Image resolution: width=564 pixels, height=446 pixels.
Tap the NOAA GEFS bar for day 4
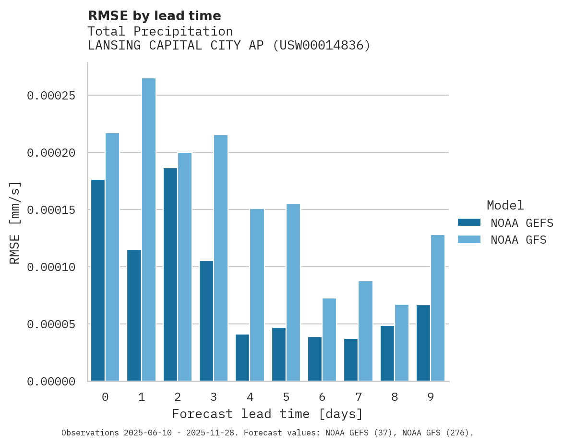pyautogui.click(x=242, y=358)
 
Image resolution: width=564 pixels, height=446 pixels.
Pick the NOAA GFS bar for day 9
pyautogui.click(x=438, y=308)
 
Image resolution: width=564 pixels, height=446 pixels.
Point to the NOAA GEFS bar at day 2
pyautogui.click(x=170, y=274)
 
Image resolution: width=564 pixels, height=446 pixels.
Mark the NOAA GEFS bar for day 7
pyautogui.click(x=351, y=360)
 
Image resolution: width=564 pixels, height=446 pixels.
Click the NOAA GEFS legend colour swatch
pyautogui.click(x=469, y=223)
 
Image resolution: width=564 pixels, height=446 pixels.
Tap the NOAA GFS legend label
pyautogui.click(x=518, y=239)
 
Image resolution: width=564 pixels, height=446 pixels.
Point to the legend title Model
pyautogui.click(x=505, y=205)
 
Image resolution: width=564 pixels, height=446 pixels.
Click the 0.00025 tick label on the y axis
pyautogui.click(x=51, y=96)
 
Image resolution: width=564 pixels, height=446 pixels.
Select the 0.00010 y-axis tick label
pyautogui.click(x=51, y=267)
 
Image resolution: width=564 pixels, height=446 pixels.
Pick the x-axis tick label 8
pyautogui.click(x=395, y=397)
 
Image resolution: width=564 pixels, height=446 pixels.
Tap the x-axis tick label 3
pyautogui.click(x=214, y=397)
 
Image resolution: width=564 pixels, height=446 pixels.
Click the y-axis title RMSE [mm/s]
pyautogui.click(x=15, y=223)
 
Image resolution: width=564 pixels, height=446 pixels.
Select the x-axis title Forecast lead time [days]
pyautogui.click(x=267, y=414)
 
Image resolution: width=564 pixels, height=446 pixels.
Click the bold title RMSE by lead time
pyautogui.click(x=155, y=16)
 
